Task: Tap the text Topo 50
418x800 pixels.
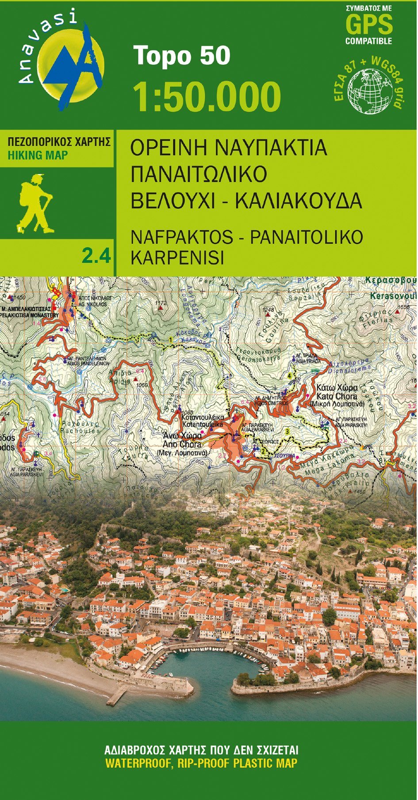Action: coord(182,56)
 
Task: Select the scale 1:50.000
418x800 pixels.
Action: coord(207,96)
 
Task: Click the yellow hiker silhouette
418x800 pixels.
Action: coord(35,204)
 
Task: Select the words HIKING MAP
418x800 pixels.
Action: coord(38,155)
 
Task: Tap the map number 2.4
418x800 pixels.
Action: coord(96,256)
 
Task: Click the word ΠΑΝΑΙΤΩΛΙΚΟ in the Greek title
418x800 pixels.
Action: coord(199,174)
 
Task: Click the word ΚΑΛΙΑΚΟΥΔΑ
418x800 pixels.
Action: coord(299,201)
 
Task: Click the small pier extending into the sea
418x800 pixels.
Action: coord(116,697)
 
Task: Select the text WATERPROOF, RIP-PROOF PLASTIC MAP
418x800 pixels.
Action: coord(201,763)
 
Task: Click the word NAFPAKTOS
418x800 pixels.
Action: coord(182,237)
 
